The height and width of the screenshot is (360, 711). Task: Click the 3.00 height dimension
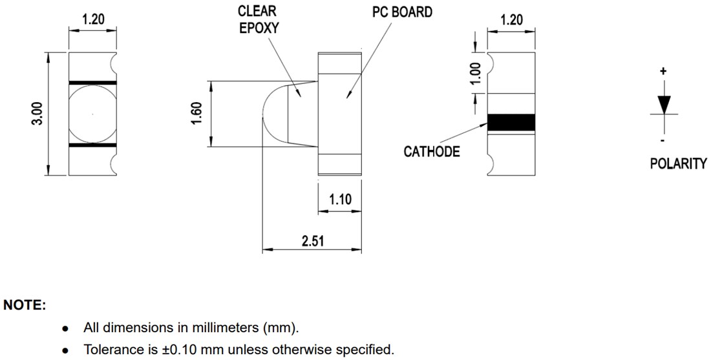(37, 114)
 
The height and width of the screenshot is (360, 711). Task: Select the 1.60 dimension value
(198, 114)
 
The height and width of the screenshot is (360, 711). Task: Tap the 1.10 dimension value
(340, 199)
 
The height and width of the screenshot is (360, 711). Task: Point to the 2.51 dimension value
(313, 241)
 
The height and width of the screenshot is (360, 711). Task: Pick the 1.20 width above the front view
(92, 19)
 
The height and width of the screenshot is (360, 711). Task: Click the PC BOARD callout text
(402, 12)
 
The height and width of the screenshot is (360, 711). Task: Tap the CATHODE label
(432, 152)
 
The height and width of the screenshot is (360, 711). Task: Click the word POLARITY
(678, 164)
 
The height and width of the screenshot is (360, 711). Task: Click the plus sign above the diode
(663, 71)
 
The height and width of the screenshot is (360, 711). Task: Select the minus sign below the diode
(663, 140)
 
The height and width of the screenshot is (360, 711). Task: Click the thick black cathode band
(511, 122)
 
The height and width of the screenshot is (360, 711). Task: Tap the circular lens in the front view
(92, 114)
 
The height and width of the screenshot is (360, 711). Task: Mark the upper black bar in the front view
(92, 83)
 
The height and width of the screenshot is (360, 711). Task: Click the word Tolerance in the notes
(111, 350)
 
